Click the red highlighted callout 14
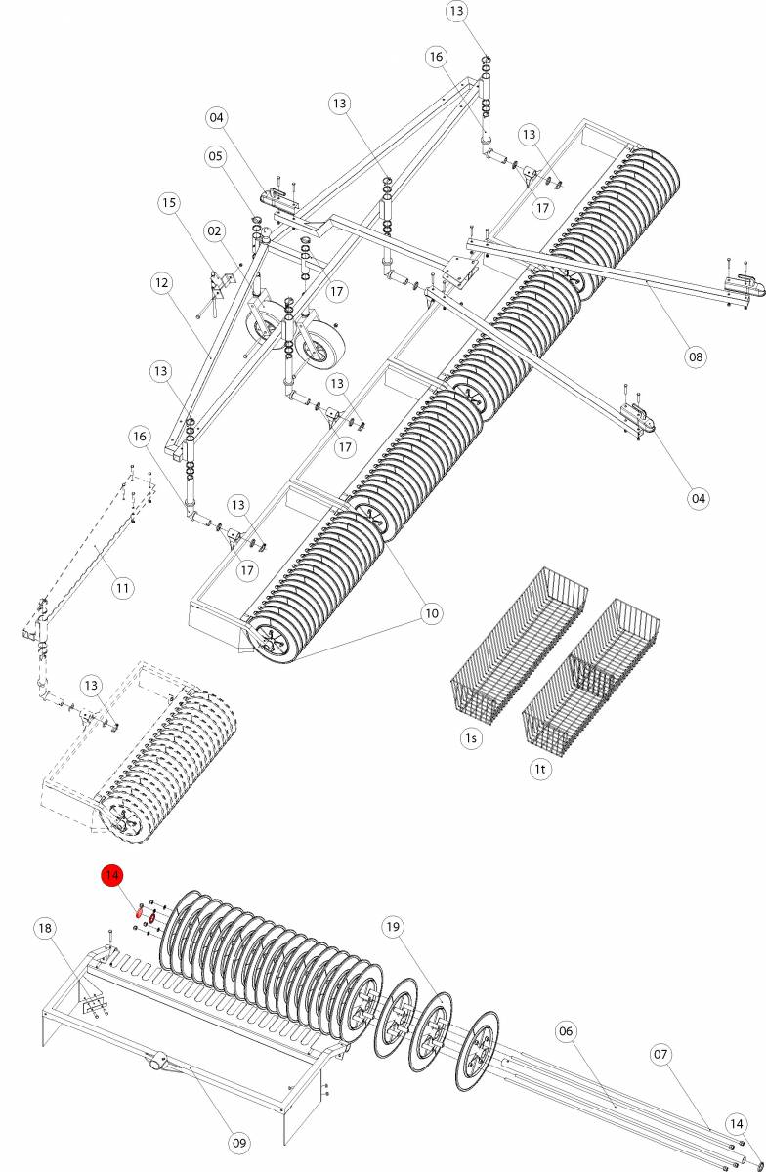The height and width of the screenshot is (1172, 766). [x=111, y=875]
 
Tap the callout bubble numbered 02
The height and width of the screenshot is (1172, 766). [x=215, y=230]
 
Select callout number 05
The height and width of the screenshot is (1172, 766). [x=215, y=156]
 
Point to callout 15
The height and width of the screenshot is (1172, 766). [x=170, y=202]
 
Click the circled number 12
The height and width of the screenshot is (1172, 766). [x=161, y=283]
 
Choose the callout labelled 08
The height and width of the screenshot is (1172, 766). [x=695, y=356]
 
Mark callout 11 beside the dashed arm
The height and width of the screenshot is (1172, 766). [x=122, y=587]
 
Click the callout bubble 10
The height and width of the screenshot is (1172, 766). [x=431, y=612]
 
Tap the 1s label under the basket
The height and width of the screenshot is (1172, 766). [x=471, y=737]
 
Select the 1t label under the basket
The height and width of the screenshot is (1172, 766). [x=540, y=769]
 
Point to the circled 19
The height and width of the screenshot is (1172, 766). [x=393, y=927]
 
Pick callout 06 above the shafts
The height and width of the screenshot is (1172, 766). [x=568, y=1030]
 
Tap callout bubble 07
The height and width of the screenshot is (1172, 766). [x=661, y=1054]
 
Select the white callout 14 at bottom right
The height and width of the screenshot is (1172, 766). [x=737, y=1123]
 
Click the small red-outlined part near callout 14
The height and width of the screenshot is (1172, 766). [x=139, y=914]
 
